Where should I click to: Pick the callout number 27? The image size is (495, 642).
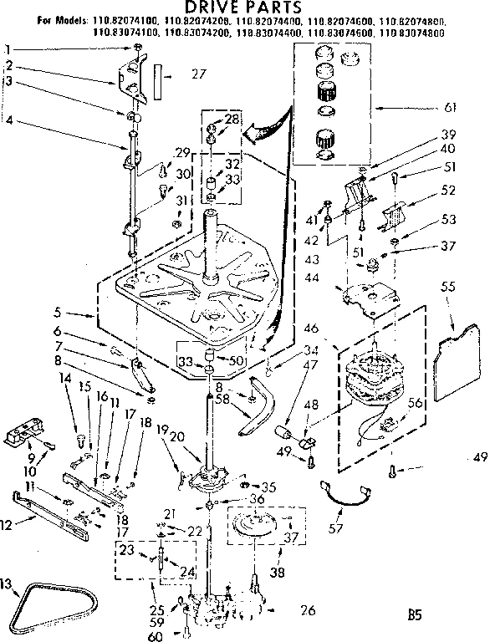(198, 74)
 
